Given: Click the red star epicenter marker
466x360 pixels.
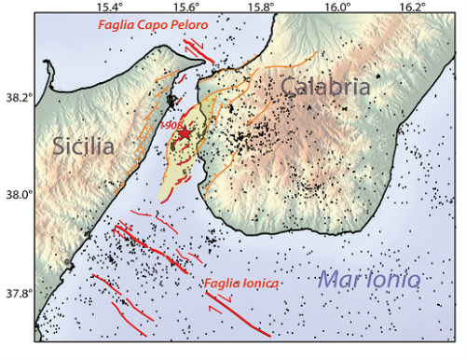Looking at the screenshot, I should tap(184, 133).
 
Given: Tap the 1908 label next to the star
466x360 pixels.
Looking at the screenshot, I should tap(170, 124).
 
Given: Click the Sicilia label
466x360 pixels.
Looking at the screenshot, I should tap(83, 147).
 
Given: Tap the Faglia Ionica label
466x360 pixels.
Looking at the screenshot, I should tap(243, 284).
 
